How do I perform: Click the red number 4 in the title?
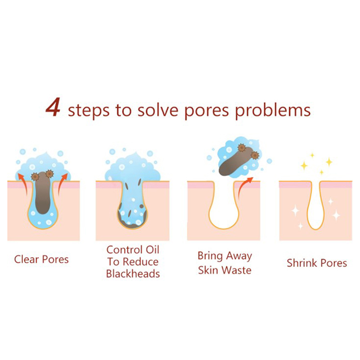click(x=53, y=107)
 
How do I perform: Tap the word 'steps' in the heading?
click(x=89, y=111)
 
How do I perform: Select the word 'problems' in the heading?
click(x=273, y=111)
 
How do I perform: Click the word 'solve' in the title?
click(x=158, y=110)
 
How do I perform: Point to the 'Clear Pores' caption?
click(x=41, y=260)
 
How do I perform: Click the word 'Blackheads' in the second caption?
click(x=133, y=274)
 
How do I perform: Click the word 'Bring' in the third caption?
click(x=210, y=256)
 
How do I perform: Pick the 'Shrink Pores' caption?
click(x=317, y=263)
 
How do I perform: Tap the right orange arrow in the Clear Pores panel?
click(x=63, y=184)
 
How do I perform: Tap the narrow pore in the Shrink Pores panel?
click(x=315, y=207)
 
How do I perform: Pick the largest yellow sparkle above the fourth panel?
click(x=329, y=162)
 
